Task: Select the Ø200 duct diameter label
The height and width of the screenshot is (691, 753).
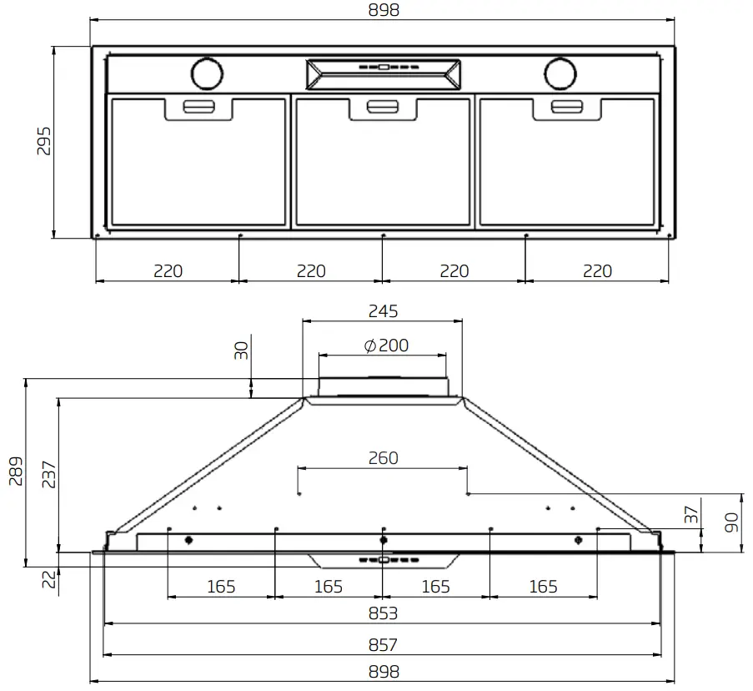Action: pos(387,345)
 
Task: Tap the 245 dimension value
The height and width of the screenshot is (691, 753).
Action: pos(383,311)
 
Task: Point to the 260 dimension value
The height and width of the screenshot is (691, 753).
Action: pos(383,458)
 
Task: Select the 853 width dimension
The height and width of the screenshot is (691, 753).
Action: pos(383,613)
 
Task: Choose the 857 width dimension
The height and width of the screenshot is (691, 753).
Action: pos(383,645)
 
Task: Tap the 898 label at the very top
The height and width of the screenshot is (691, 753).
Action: pos(383,10)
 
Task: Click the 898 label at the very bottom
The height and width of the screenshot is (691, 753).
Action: pos(383,672)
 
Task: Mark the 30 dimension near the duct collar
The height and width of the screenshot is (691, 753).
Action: pos(241,350)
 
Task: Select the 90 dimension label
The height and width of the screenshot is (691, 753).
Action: pos(731,523)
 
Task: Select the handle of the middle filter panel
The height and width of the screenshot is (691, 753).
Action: pos(383,106)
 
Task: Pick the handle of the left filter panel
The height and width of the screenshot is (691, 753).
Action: pos(198,106)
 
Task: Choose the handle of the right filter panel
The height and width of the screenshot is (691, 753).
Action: pos(566,106)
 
